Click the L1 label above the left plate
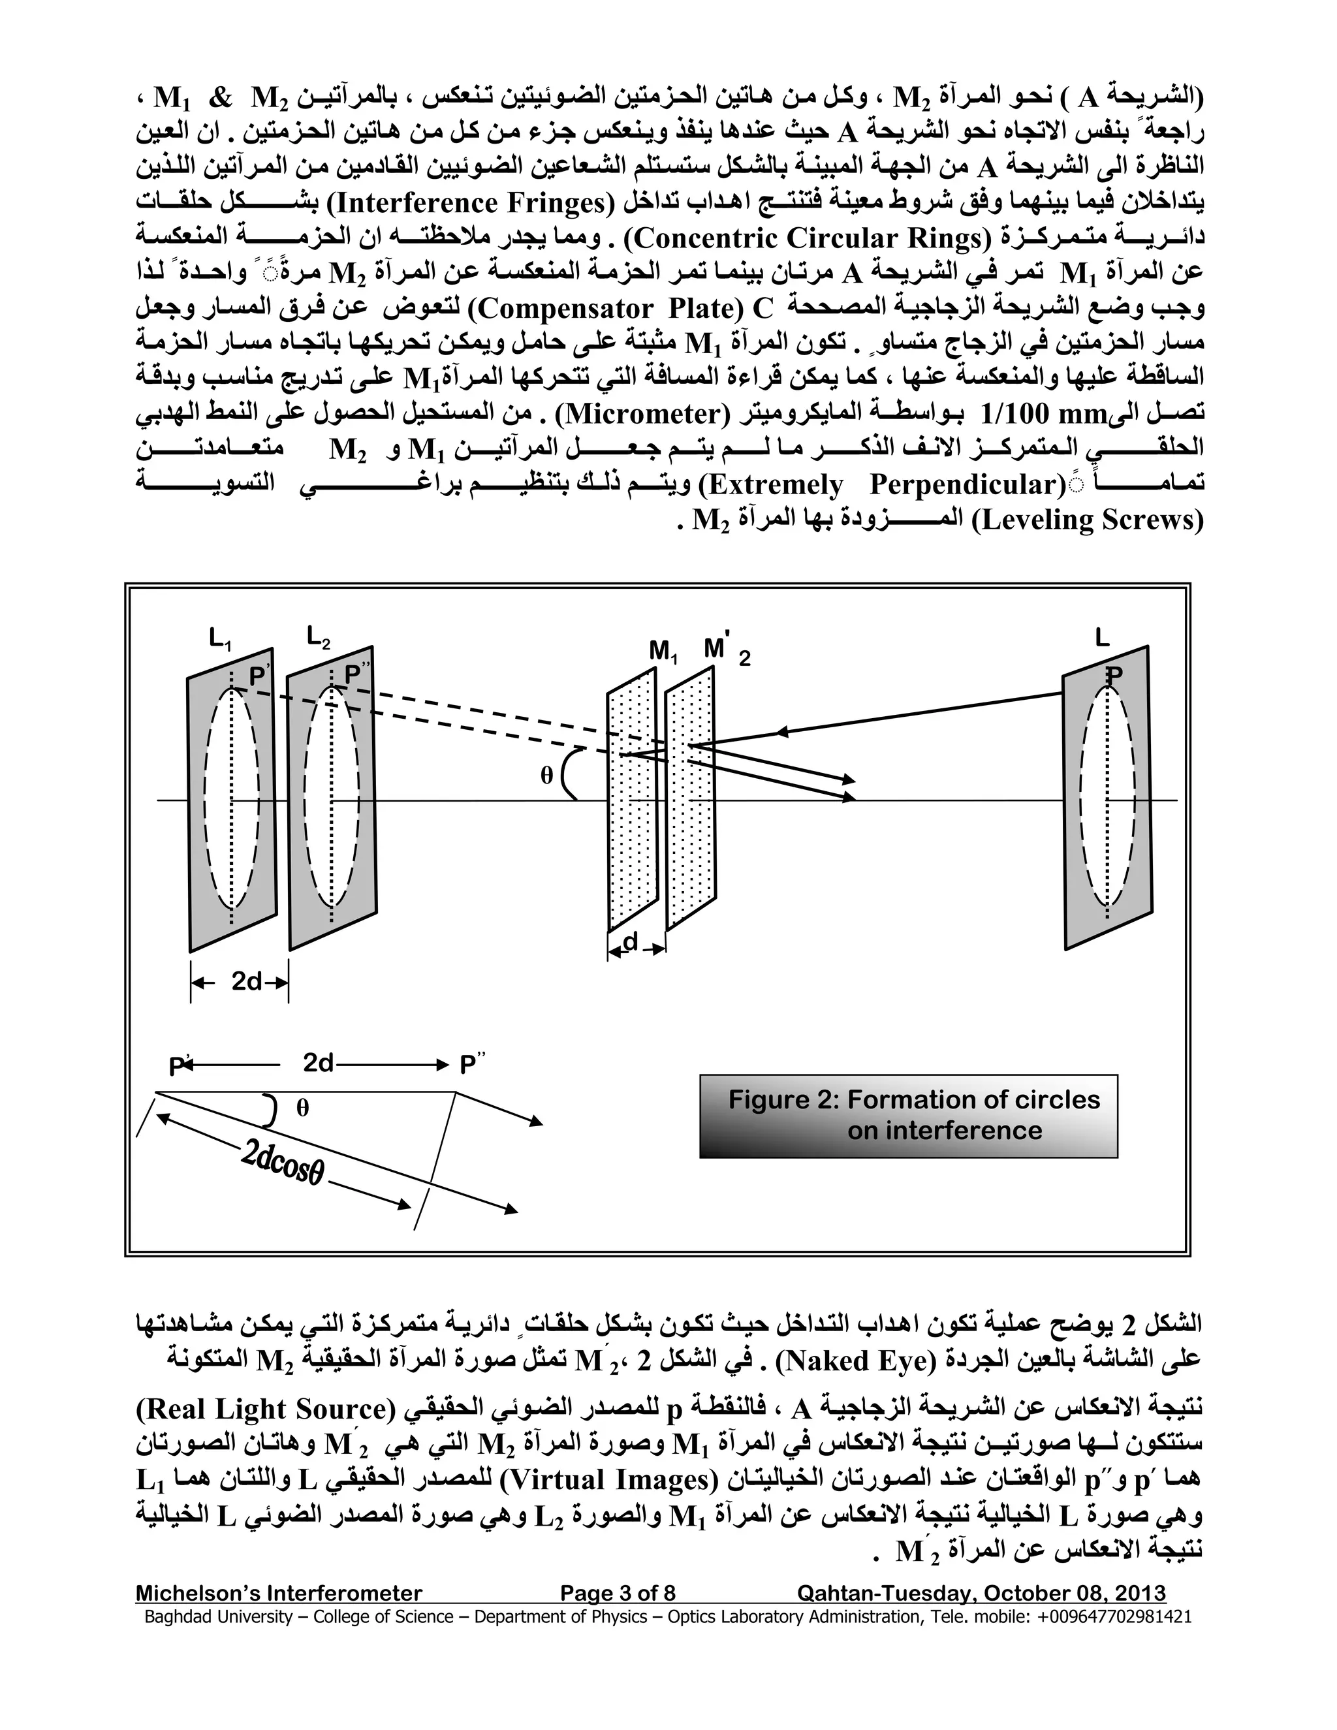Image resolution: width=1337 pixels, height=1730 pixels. tap(220, 639)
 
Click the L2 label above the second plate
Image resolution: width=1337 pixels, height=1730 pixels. tap(319, 637)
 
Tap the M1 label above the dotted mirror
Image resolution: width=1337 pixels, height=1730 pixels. tap(663, 651)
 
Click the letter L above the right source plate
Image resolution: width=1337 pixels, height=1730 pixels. tap(1102, 638)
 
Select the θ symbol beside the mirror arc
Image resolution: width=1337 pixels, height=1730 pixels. tap(546, 776)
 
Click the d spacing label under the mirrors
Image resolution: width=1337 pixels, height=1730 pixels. tap(631, 943)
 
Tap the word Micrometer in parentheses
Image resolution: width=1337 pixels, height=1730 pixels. tap(644, 413)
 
